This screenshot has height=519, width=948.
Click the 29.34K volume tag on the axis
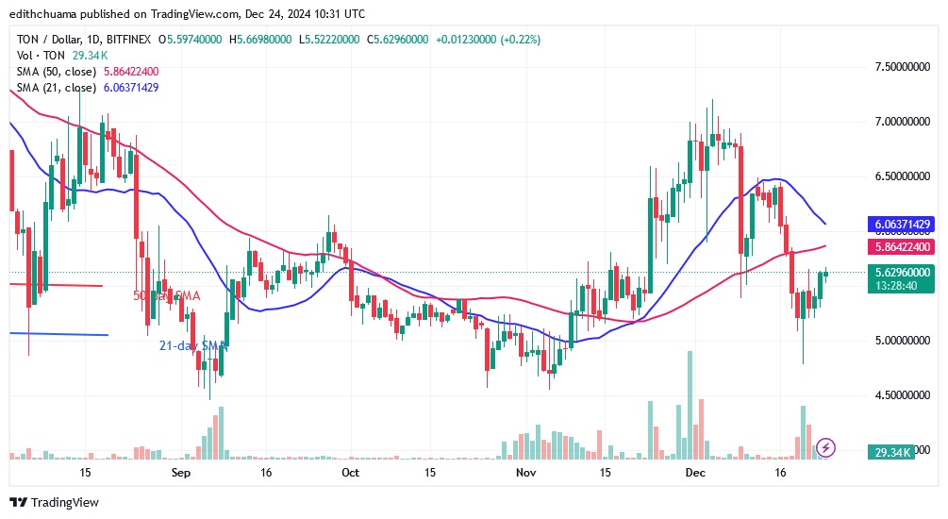890,453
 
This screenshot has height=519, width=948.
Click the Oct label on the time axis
350,472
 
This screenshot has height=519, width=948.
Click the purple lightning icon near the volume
826,447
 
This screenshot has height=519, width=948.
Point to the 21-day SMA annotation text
193,346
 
